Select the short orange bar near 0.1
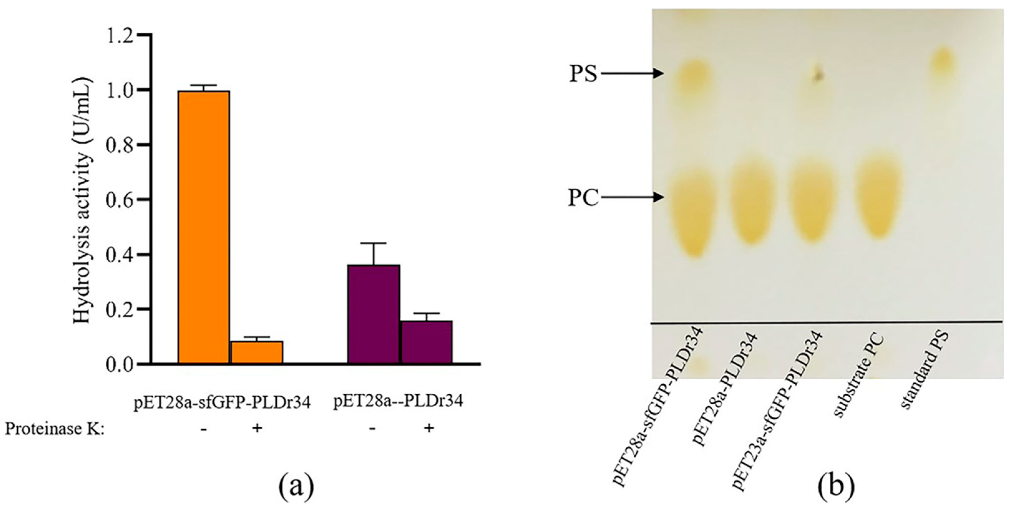256,352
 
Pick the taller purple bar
373,314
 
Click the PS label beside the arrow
583,73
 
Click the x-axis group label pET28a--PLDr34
398,401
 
